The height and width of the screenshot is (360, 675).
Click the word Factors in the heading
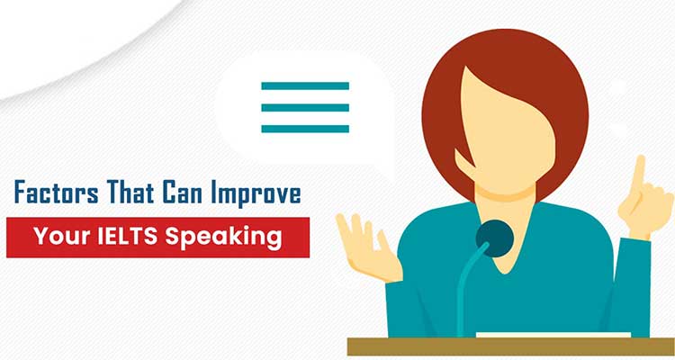coord(57,192)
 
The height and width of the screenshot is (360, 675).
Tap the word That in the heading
coord(130,192)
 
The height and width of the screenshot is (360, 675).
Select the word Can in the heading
coord(182,192)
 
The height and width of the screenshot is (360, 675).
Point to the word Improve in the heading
coord(256,193)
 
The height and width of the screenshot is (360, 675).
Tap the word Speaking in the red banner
coord(223,238)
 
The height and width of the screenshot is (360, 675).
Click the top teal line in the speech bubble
coord(305,86)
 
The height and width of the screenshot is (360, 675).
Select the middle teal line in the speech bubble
coord(305,108)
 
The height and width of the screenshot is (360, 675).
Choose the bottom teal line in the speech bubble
coord(305,129)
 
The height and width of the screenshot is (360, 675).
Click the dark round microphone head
coord(495,238)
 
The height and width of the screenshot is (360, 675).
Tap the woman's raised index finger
coord(639,171)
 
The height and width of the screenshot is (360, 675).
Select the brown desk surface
coord(511,346)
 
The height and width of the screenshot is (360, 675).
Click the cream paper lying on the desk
coord(553,335)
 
